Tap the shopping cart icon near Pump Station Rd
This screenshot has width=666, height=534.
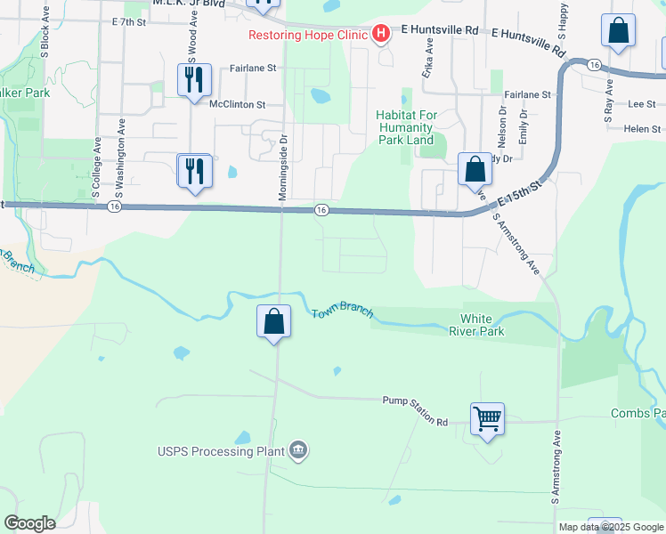click(x=488, y=417)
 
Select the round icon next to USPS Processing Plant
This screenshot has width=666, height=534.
click(x=298, y=450)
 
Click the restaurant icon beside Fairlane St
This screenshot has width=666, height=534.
click(x=193, y=81)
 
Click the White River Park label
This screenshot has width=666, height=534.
click(x=483, y=325)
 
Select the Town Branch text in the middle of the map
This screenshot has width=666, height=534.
click(x=342, y=314)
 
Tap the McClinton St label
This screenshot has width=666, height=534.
click(x=238, y=104)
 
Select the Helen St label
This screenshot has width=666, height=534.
click(x=637, y=128)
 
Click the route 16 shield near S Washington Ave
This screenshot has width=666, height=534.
click(x=114, y=206)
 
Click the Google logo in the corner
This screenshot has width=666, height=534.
click(x=29, y=523)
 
